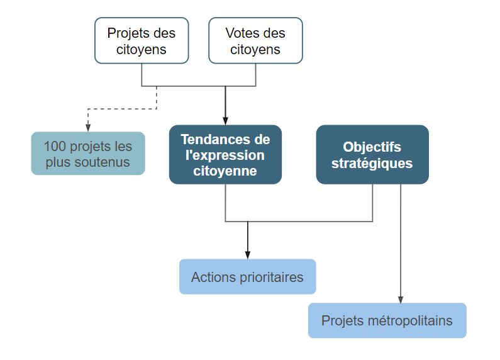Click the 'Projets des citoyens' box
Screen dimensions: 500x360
[x=142, y=40]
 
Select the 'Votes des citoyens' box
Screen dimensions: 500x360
[x=256, y=40]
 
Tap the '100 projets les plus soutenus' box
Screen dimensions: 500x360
[x=88, y=154]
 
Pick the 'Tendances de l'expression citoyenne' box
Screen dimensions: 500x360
[x=225, y=155]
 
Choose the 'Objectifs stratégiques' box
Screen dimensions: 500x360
[x=372, y=155]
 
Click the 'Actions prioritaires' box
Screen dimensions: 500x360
[x=247, y=277]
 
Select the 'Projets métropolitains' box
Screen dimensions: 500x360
[x=387, y=320]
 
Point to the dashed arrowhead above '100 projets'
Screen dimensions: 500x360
[x=88, y=128]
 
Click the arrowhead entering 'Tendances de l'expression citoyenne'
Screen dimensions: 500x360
[x=225, y=121]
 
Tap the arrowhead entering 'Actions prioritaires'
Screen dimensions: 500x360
[x=247, y=255]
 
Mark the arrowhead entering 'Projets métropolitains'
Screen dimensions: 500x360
[x=401, y=299]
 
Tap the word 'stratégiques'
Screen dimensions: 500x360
[x=372, y=164]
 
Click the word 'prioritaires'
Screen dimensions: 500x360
[x=271, y=277]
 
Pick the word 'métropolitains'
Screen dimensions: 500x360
[x=410, y=321]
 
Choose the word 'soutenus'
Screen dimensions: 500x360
[x=102, y=162]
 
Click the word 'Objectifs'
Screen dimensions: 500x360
[x=372, y=147]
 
